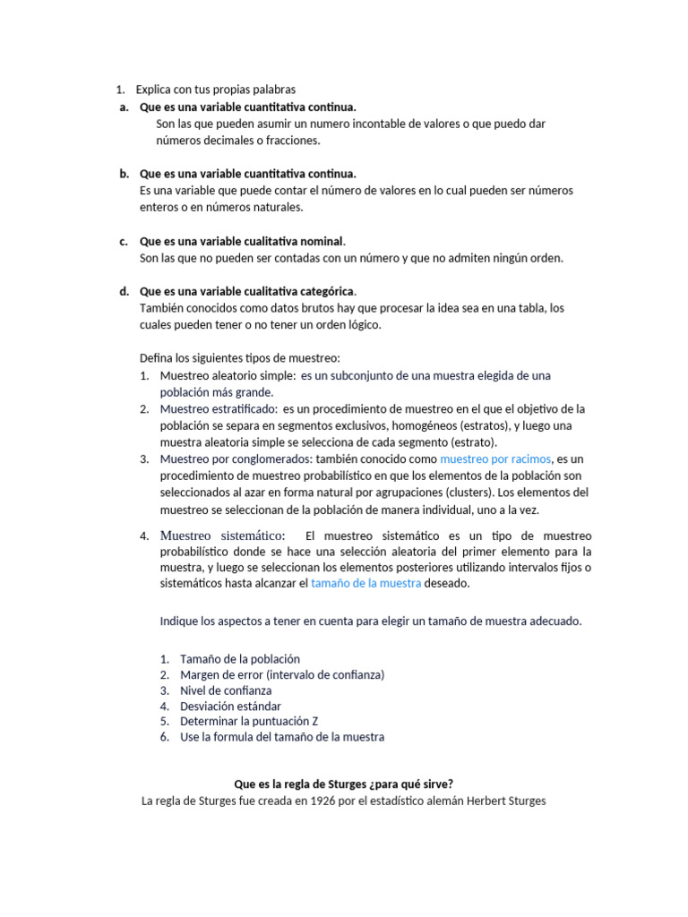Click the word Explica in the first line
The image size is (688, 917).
(155, 90)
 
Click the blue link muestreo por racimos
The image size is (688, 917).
(495, 459)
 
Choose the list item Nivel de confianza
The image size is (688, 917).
(226, 690)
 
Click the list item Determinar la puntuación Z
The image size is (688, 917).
(249, 722)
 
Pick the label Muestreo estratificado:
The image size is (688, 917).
(219, 409)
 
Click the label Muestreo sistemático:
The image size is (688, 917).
(222, 536)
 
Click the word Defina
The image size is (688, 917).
(156, 358)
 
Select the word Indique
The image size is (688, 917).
(179, 621)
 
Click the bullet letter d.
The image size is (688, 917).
(123, 291)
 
